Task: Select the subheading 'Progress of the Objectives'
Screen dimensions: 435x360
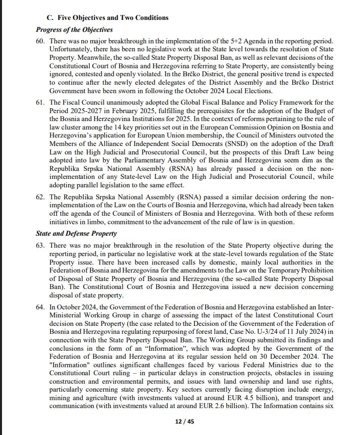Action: [74, 30]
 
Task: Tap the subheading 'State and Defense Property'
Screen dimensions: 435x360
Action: [76, 233]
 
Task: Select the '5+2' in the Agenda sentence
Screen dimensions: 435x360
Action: [233, 40]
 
